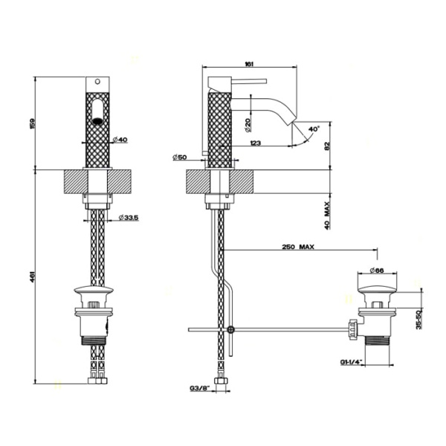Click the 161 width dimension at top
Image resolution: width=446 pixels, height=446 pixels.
[x=250, y=65]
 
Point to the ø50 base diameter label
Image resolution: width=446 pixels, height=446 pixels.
[x=178, y=157]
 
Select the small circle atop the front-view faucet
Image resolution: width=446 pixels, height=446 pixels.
[x=97, y=81]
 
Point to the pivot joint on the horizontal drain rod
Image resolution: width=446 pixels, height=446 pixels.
[x=231, y=329]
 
